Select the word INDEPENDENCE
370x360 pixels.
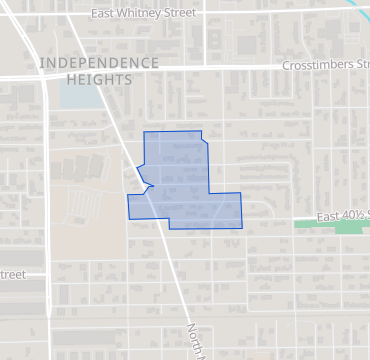pos(99,63)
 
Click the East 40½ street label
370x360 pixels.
pos(343,215)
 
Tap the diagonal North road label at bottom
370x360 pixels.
pos(197,340)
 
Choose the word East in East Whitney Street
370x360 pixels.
pos(104,14)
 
